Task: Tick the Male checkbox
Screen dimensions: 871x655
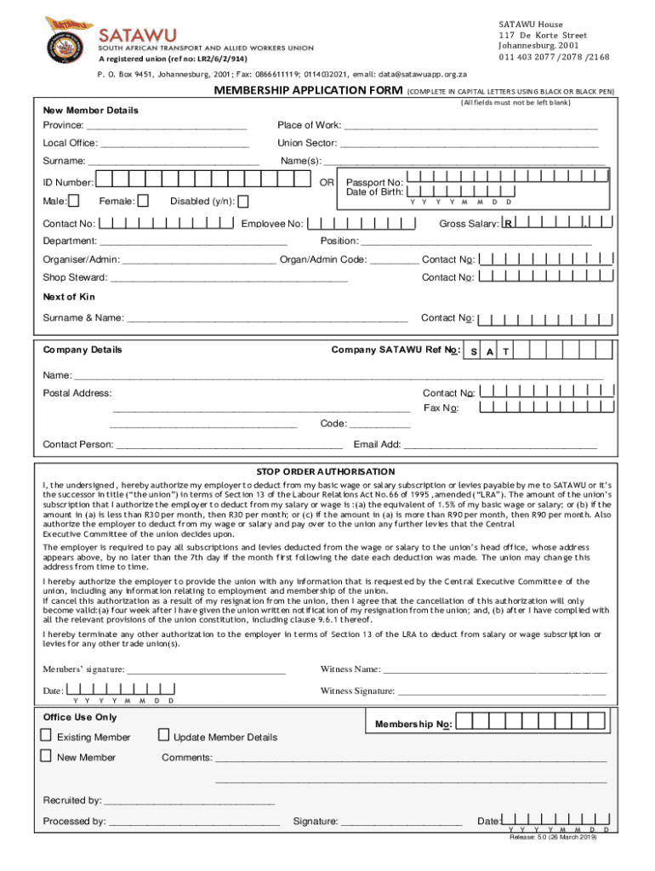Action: (x=74, y=201)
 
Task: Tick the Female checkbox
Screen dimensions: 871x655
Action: (x=143, y=201)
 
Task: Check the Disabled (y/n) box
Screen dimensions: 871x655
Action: (x=243, y=202)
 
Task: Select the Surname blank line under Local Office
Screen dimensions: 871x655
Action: (x=174, y=162)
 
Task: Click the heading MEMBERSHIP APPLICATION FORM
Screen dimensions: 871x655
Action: (x=308, y=91)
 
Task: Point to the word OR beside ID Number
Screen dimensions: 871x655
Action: (x=327, y=182)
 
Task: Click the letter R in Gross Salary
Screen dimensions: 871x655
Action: (x=507, y=225)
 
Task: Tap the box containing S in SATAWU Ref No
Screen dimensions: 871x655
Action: (x=473, y=351)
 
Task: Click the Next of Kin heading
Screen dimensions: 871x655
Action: (x=69, y=297)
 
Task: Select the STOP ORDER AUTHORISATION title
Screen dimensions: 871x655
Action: (x=326, y=471)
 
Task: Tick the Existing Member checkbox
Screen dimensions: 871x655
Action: (x=46, y=736)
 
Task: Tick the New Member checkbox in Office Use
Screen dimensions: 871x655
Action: (x=46, y=756)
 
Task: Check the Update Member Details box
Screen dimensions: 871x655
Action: (x=164, y=736)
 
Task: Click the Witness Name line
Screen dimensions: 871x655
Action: (x=495, y=670)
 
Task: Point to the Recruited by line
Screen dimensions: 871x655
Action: (x=189, y=800)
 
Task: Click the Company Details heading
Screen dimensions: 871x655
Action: (x=83, y=350)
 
